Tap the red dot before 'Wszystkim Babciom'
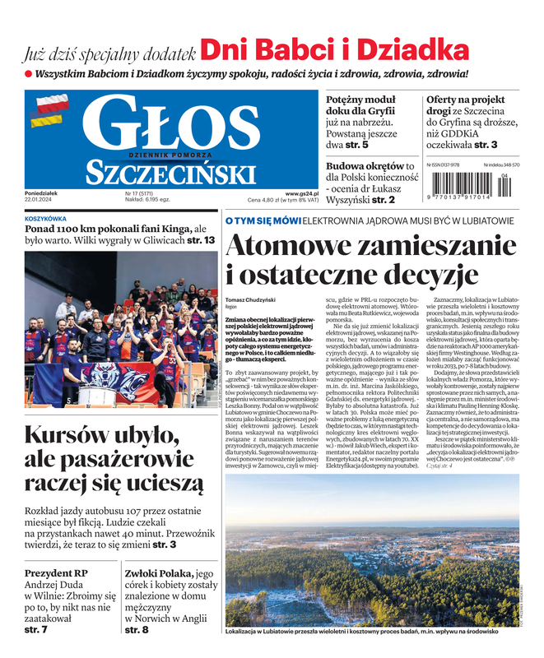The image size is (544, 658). click(x=28, y=73)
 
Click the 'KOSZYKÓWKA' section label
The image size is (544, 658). click(x=46, y=219)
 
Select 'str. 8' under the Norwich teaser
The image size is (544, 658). click(x=137, y=630)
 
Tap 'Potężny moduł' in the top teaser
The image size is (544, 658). click(x=360, y=100)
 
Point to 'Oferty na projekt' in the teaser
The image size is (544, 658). click(x=465, y=100)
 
